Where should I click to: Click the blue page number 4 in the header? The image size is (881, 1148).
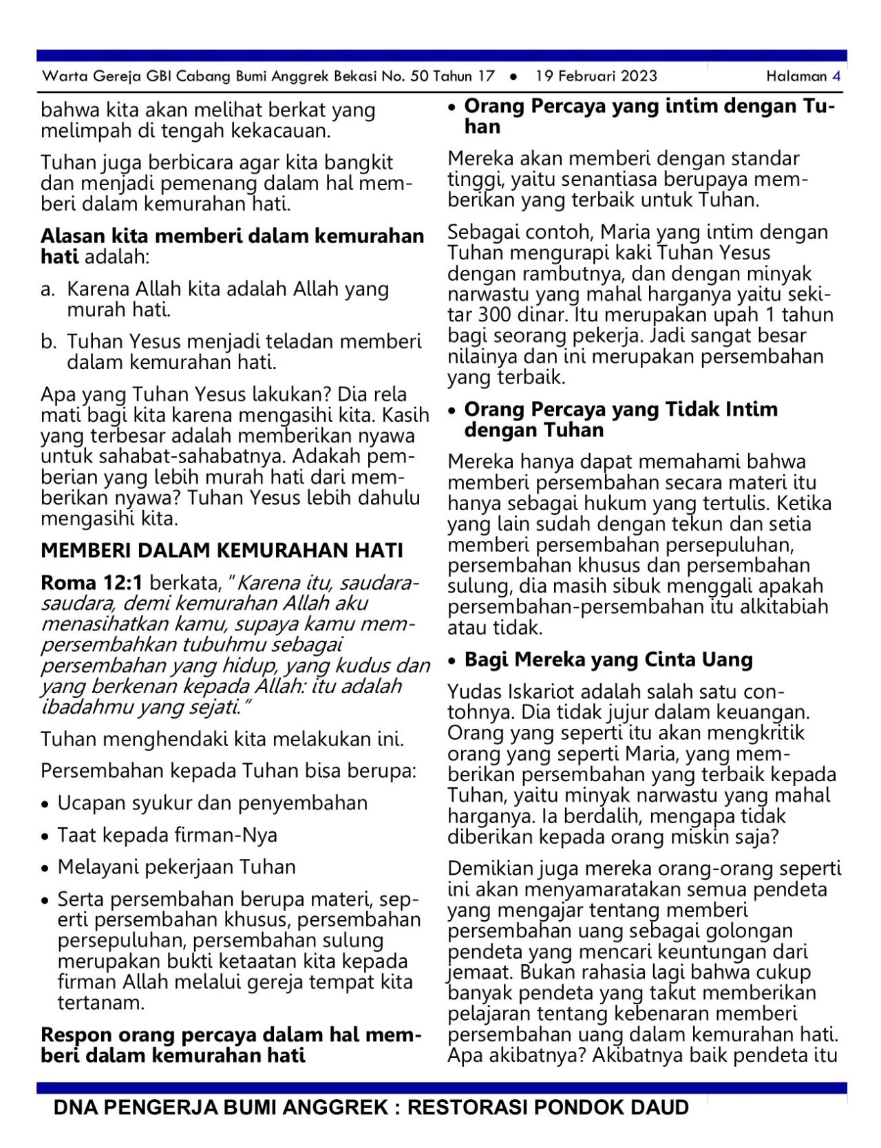836,76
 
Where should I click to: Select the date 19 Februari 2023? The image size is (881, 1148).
596,76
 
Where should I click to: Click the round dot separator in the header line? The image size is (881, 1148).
513,77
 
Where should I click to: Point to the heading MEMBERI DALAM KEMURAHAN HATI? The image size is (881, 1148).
222,551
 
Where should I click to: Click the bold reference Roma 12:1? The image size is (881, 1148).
92,583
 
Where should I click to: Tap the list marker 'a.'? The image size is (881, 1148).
47,290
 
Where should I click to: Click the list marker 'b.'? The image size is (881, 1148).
48,342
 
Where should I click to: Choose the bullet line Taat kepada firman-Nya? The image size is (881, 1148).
167,836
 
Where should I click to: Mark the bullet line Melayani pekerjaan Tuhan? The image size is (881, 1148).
176,867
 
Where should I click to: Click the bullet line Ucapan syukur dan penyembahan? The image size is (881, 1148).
212,803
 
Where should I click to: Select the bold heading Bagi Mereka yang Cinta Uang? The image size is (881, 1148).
608,660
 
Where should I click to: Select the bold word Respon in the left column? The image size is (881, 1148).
76,1035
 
